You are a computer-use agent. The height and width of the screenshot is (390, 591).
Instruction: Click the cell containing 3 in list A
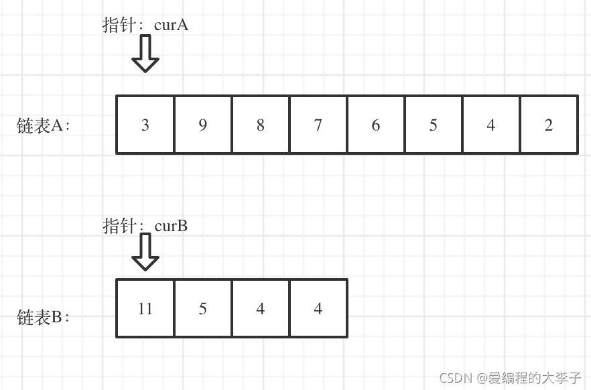(145, 125)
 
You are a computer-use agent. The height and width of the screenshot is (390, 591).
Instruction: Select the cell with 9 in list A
(203, 125)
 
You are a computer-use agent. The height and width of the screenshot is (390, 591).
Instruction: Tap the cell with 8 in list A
(261, 125)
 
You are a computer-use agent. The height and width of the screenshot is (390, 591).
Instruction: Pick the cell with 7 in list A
(318, 125)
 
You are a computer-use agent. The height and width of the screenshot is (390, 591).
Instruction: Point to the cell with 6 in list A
(376, 125)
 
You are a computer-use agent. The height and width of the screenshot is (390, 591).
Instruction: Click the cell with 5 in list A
(434, 125)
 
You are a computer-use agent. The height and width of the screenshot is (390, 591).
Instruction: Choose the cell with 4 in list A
(491, 125)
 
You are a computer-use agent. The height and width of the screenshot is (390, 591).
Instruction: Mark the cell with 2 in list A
(549, 125)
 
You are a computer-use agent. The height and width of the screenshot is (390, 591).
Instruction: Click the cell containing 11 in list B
(145, 308)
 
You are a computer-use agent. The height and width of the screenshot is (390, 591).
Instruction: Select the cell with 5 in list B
(203, 308)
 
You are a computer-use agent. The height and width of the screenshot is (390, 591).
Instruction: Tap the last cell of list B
(318, 308)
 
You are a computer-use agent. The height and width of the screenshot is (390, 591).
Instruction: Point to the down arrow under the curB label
(145, 252)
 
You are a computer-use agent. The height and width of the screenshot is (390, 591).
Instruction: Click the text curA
(172, 25)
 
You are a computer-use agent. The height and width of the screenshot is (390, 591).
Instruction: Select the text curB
(171, 226)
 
